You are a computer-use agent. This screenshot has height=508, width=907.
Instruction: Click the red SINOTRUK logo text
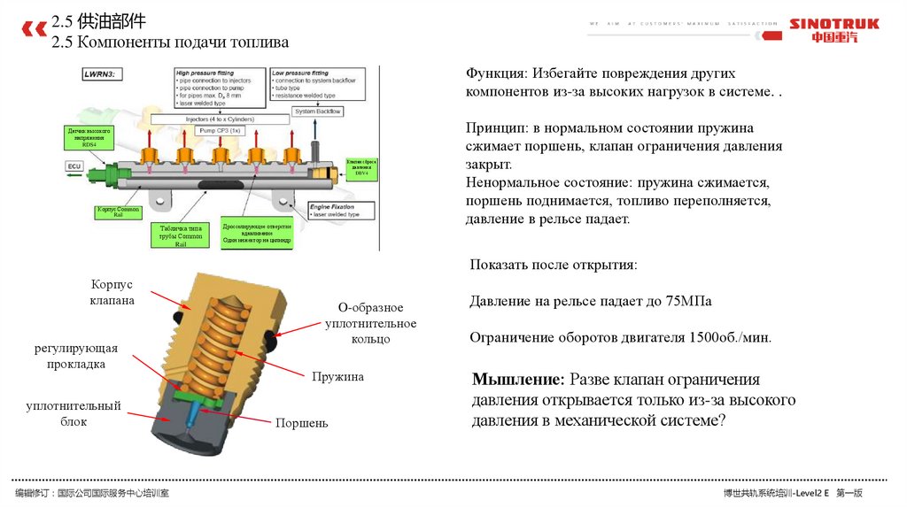(833, 24)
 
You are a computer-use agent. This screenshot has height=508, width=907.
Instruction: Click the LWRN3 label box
(104, 76)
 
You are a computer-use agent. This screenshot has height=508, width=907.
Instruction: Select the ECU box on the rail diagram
(74, 165)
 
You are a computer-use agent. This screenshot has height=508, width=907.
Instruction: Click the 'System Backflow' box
(318, 112)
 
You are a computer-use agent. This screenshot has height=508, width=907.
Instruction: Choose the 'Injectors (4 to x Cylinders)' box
(219, 118)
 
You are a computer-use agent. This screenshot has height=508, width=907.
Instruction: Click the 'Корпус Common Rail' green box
(118, 212)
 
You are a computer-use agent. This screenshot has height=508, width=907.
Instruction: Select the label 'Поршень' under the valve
(301, 423)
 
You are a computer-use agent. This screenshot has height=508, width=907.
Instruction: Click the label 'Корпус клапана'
(112, 293)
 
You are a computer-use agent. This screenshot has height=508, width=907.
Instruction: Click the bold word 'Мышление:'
(517, 380)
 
